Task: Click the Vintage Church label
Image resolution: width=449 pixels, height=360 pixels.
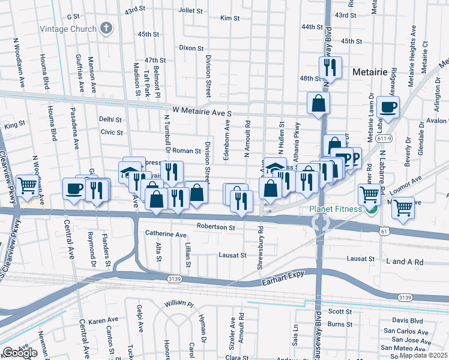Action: (x=68, y=29)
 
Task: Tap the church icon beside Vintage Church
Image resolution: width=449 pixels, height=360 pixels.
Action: (x=106, y=29)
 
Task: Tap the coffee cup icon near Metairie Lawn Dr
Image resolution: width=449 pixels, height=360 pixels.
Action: (x=388, y=107)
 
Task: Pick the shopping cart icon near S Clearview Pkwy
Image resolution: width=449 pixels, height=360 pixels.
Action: (x=27, y=186)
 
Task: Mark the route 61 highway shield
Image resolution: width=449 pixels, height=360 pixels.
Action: (x=383, y=231)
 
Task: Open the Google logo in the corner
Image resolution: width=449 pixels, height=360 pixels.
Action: (x=20, y=353)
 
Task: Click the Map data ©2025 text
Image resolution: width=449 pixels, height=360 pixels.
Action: (x=423, y=355)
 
